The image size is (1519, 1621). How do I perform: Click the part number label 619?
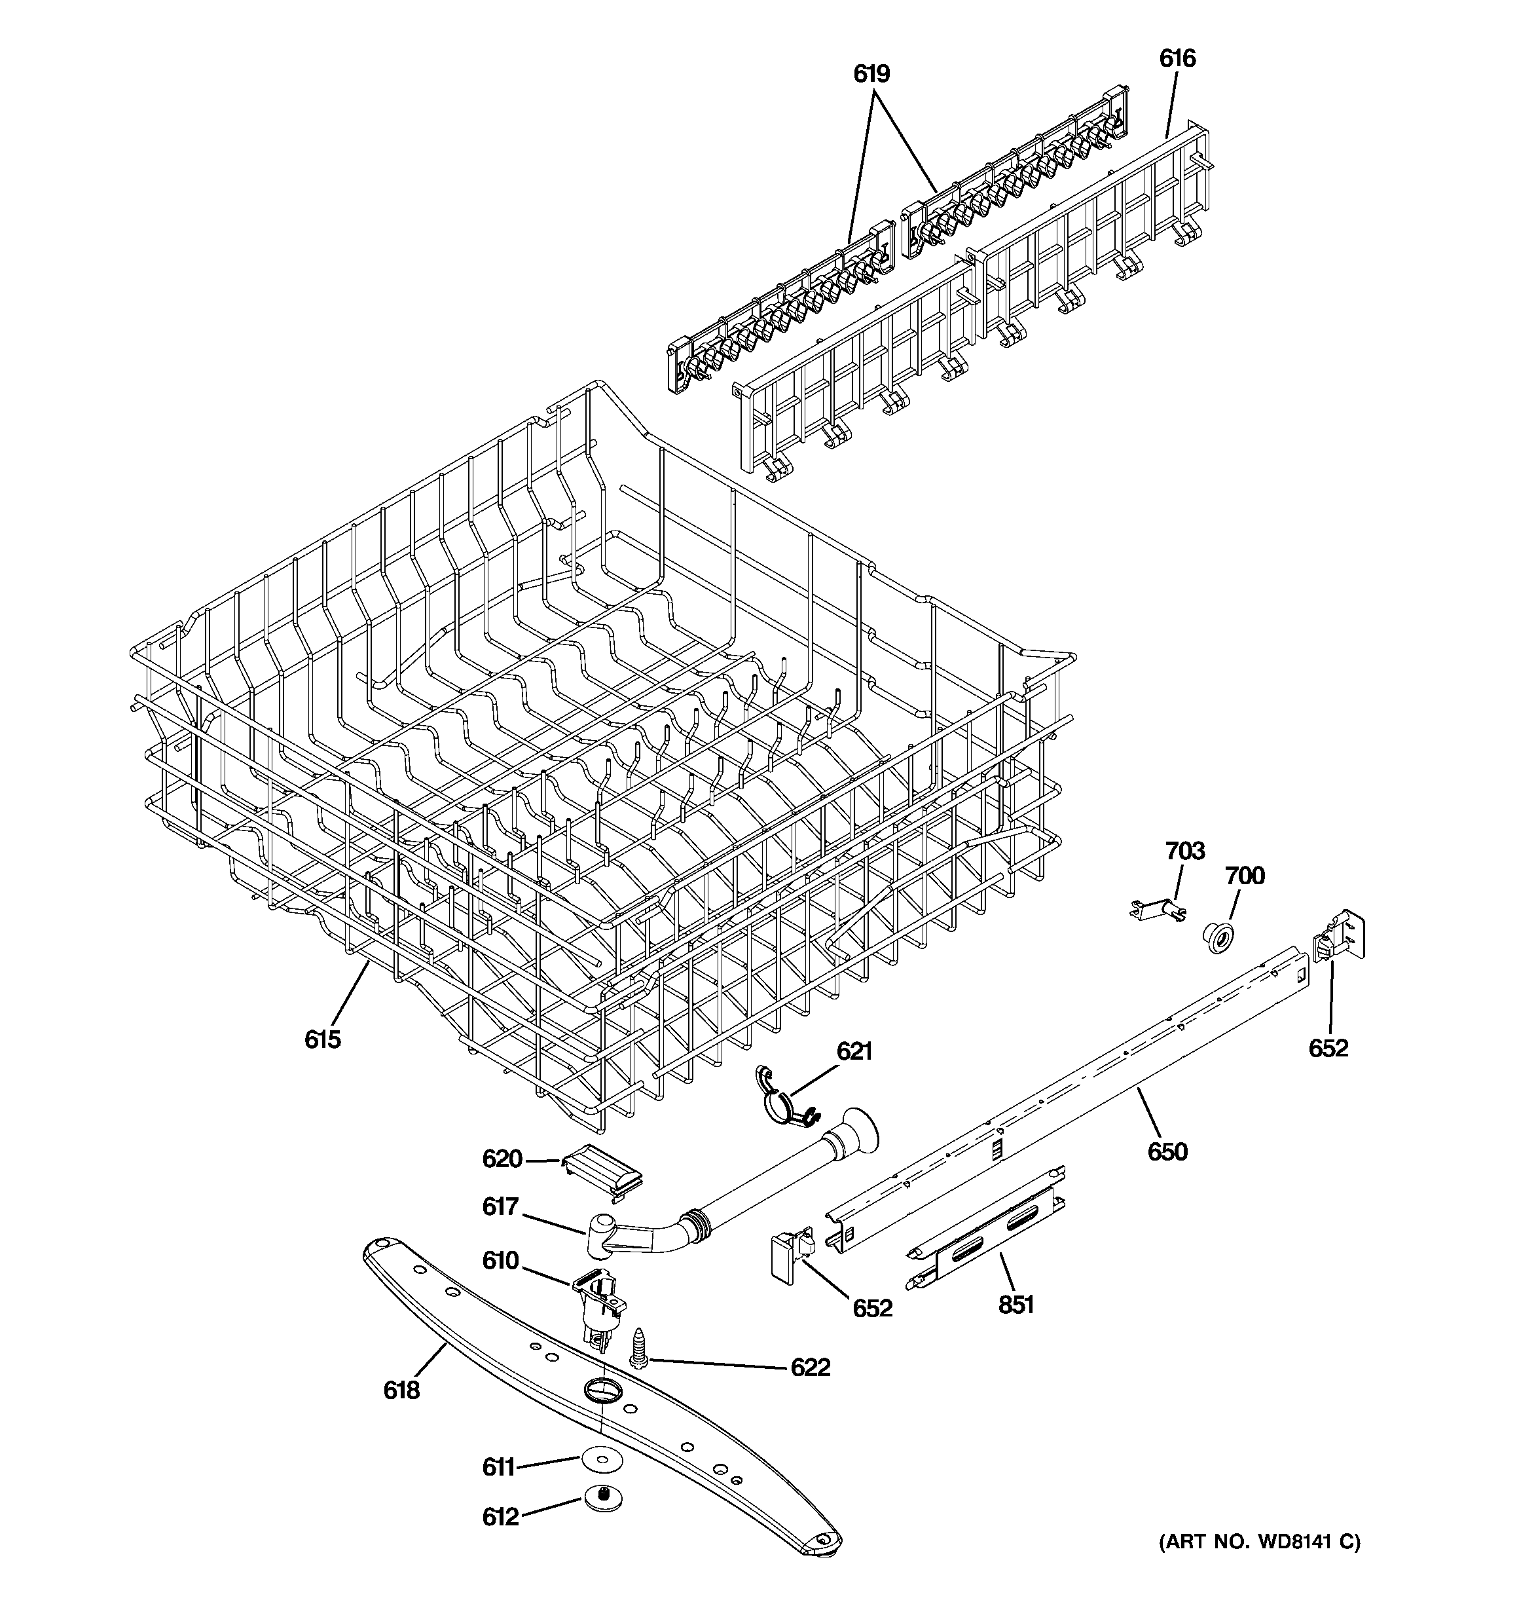pyautogui.click(x=871, y=74)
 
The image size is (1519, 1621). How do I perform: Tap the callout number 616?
pyautogui.click(x=1177, y=59)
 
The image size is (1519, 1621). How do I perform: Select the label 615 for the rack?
pyautogui.click(x=323, y=1039)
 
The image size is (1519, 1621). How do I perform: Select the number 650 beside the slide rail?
pyautogui.click(x=1167, y=1152)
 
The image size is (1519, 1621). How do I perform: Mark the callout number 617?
pyautogui.click(x=501, y=1208)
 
